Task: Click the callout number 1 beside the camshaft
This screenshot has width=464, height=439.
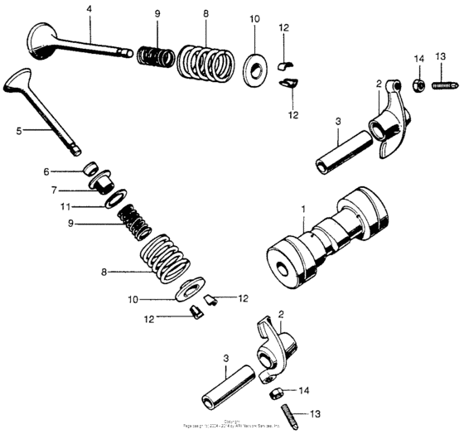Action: [303, 210]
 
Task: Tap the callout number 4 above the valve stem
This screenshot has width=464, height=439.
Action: [89, 10]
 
